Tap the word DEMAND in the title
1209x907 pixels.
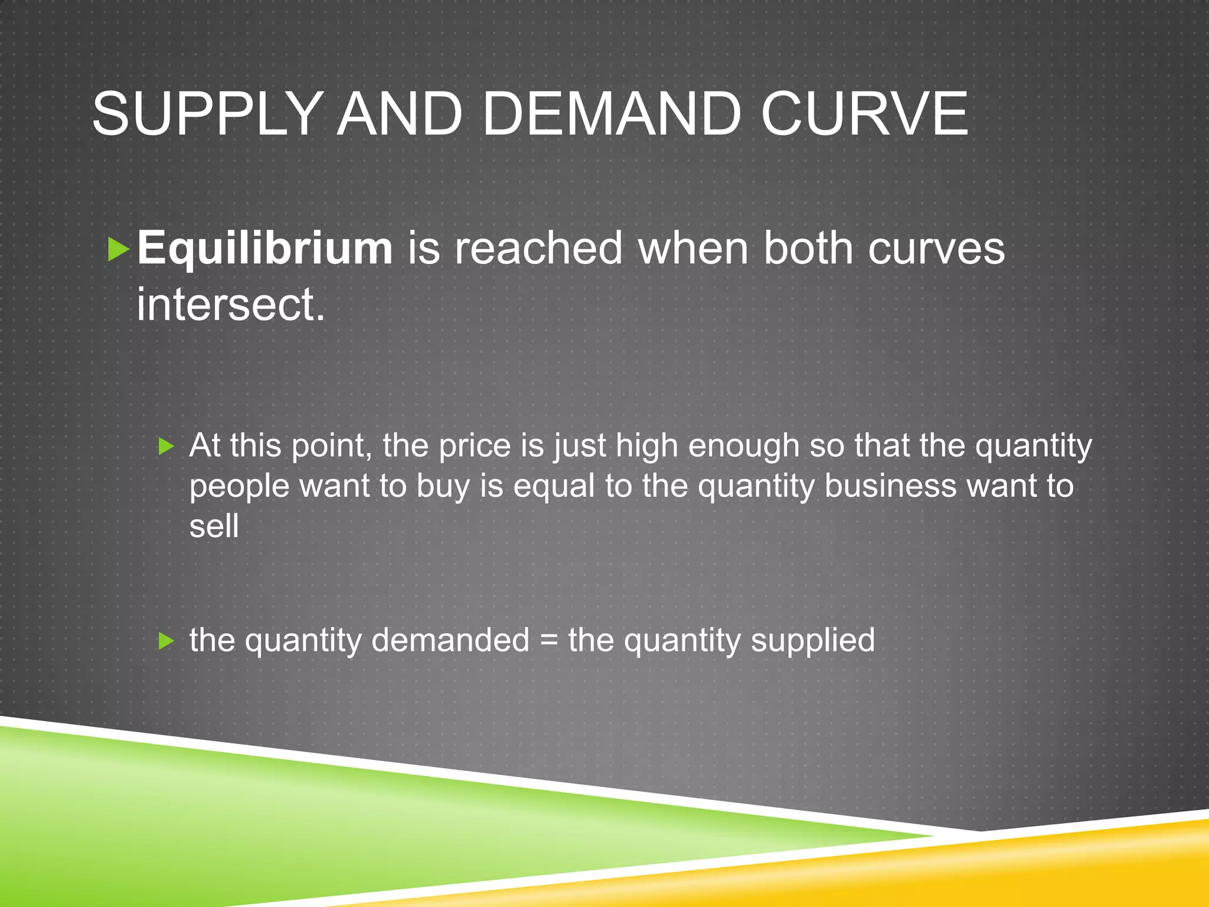pos(612,113)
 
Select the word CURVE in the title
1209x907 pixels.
pos(864,113)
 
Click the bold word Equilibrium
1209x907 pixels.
pos(264,248)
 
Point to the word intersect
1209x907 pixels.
pos(230,305)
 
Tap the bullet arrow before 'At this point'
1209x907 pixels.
pos(166,447)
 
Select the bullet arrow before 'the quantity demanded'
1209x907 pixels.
pos(166,641)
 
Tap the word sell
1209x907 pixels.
pos(214,526)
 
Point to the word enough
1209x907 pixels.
pos(743,446)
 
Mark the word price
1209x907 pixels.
pos(475,446)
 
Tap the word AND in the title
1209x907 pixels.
pos(400,113)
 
